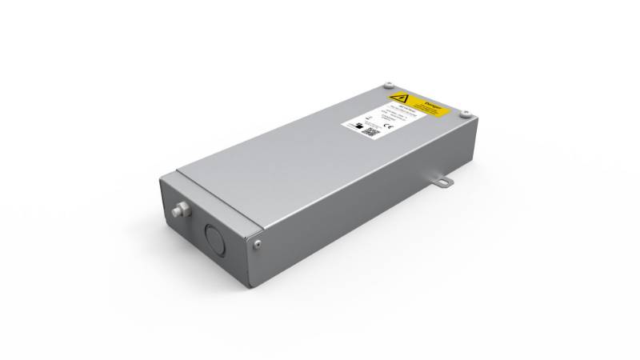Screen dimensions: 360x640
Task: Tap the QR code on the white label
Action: (370, 131)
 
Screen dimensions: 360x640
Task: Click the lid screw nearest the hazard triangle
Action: (387, 85)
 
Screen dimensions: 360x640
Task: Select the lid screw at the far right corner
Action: (466, 113)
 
